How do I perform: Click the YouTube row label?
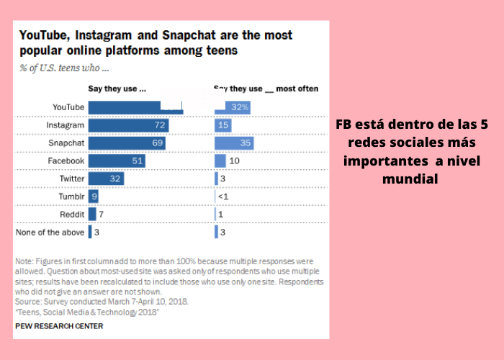69,107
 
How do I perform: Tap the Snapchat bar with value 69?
127,143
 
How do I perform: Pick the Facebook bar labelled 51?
117,161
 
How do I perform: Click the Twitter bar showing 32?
106,179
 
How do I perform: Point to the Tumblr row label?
72,196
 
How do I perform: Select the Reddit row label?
73,214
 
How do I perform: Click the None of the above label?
50,232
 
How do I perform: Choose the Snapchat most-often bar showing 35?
234,143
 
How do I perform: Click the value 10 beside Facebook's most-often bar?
234,161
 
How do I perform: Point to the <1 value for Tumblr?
223,196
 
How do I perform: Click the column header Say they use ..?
117,89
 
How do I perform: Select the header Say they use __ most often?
266,89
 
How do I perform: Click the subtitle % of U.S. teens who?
64,69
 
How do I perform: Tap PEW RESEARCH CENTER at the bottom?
58,326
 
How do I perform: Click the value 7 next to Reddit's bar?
102,214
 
